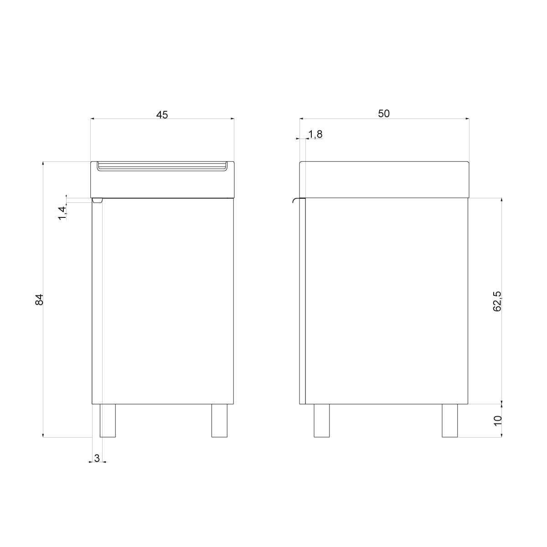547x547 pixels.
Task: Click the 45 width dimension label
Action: (162, 114)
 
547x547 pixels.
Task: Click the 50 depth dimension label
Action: (384, 114)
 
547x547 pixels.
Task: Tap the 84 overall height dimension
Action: (39, 299)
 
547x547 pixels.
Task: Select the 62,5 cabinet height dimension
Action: (497, 301)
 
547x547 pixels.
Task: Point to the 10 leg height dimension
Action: (497, 420)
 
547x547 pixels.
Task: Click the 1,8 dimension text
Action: (315, 134)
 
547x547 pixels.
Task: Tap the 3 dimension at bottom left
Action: (97, 458)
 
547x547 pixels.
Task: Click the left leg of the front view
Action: (108, 421)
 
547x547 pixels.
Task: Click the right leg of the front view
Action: (219, 421)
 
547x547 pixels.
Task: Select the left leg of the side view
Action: (321, 421)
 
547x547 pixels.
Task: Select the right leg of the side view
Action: (449, 421)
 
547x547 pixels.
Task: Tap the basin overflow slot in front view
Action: (163, 166)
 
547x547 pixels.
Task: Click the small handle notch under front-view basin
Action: (97, 200)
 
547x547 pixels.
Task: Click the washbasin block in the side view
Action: (384, 180)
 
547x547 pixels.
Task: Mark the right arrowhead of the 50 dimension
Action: (467, 119)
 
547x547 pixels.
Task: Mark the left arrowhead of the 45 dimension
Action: (93, 119)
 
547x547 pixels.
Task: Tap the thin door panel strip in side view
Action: (302, 301)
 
